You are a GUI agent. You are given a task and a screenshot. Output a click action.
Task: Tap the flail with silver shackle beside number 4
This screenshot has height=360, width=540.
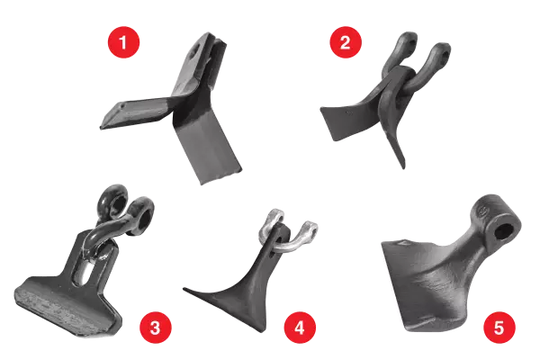(247, 270)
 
